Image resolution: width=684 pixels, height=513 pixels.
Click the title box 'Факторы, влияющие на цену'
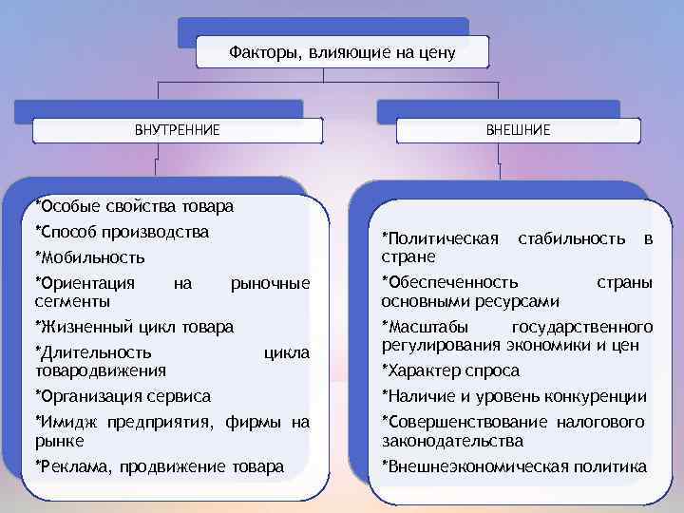coord(342,52)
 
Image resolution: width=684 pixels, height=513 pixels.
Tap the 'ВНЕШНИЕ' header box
coord(518,129)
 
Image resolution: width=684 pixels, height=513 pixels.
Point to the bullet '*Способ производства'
coord(122,232)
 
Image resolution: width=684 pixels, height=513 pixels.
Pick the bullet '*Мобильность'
coord(89,257)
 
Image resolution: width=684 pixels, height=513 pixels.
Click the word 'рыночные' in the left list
coord(271,283)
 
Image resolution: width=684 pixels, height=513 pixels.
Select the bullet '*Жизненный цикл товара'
coord(134,328)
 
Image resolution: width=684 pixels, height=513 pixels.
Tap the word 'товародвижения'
coord(101,370)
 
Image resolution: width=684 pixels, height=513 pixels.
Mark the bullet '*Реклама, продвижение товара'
coord(159,466)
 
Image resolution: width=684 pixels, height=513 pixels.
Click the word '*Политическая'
coord(440,237)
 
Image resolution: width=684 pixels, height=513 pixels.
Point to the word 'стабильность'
coord(571,237)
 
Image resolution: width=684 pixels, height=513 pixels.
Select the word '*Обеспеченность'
coord(449,283)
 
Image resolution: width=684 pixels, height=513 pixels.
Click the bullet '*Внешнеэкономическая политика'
coord(514,466)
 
